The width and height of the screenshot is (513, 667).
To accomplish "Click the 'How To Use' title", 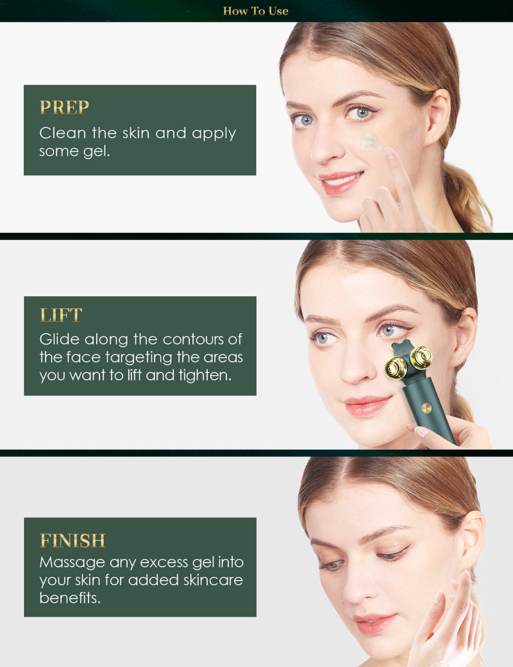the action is pos(256,11).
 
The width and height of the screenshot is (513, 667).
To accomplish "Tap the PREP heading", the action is pos(64,107).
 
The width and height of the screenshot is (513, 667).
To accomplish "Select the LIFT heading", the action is pos(61,315).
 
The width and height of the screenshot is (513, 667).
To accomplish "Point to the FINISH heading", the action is pos(72,541).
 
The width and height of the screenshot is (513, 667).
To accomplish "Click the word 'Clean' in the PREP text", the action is pos(63,133).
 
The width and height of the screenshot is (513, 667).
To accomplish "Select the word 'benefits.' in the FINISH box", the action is pos(70,598).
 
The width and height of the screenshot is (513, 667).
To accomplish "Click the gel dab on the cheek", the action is pos(371,140).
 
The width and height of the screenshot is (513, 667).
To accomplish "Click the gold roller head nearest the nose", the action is pos(396,367).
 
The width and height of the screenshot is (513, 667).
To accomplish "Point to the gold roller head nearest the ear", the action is pos(422,357).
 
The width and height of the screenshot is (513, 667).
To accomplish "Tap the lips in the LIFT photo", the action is pos(367,405).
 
